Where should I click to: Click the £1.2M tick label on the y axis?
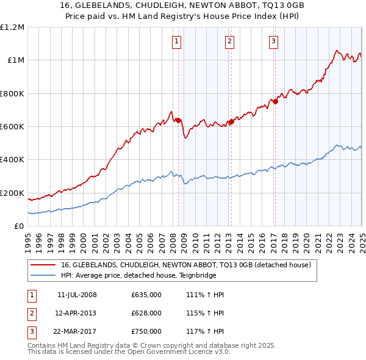pyautogui.click(x=12, y=27)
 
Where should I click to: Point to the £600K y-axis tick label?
pyautogui.click(x=12, y=127)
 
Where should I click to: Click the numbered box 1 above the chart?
pyautogui.click(x=176, y=41)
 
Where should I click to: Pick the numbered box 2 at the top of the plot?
pyautogui.click(x=229, y=41)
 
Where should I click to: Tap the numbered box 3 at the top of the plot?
pyautogui.click(x=273, y=41)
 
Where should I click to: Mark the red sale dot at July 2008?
pyautogui.click(x=178, y=121)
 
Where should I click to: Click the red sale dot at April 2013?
pyautogui.click(x=231, y=122)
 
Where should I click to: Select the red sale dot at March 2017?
pyautogui.click(x=275, y=102)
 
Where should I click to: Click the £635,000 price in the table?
pyautogui.click(x=146, y=295)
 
